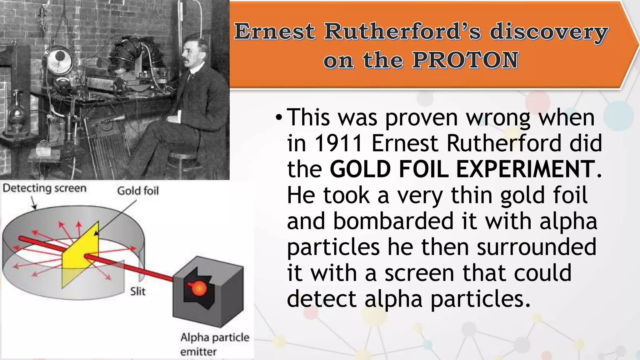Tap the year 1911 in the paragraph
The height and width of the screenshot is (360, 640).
tap(339, 143)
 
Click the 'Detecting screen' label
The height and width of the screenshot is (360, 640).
tap(44, 188)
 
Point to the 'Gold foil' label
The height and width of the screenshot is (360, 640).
tap(138, 191)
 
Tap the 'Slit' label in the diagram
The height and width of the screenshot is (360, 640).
tap(137, 292)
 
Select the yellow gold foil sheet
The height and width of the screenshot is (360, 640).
tap(80, 255)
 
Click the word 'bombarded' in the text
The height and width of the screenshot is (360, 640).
tap(393, 221)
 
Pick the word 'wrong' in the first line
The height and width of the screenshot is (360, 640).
tap(498, 118)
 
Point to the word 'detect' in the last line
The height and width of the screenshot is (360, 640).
tap(322, 299)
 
